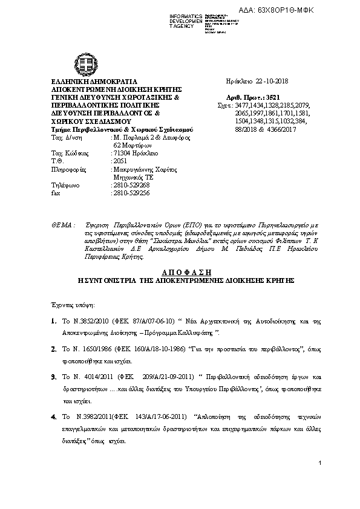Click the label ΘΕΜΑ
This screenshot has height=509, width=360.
(62, 224)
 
